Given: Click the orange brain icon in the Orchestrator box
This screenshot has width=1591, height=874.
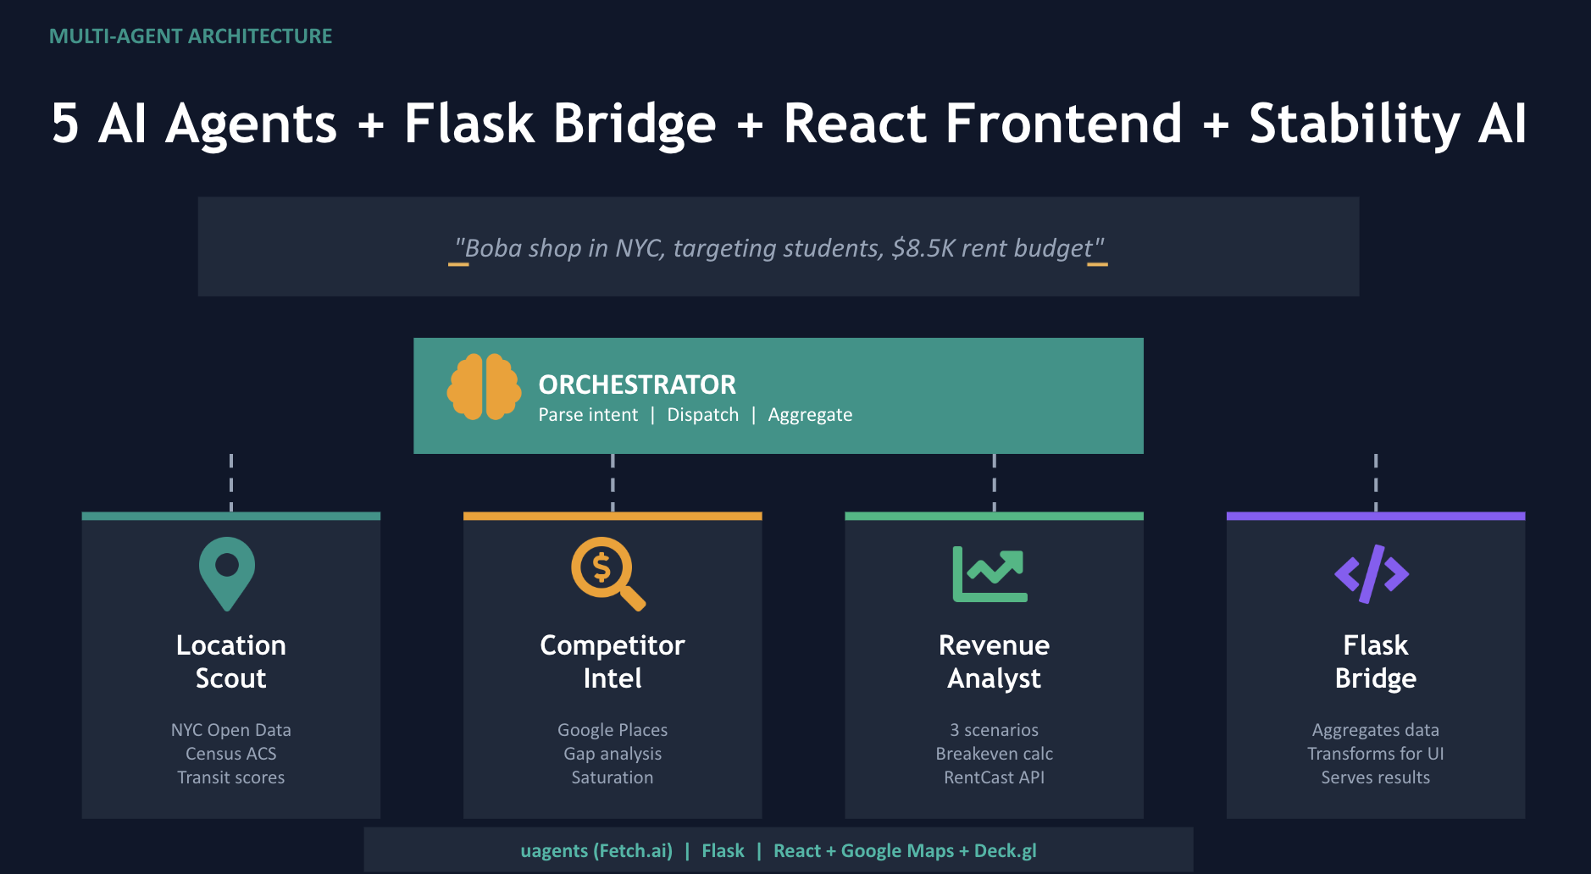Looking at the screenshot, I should [484, 388].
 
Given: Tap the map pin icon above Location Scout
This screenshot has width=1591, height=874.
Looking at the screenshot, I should [227, 573].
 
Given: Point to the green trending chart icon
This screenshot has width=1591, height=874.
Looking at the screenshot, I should [990, 574].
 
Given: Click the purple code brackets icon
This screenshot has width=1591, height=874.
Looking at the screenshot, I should [1372, 574].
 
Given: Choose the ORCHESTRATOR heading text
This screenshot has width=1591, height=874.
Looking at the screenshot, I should [637, 385].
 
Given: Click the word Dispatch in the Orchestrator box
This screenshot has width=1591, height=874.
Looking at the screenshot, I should [702, 415].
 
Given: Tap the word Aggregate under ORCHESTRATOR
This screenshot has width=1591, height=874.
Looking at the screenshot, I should [810, 415].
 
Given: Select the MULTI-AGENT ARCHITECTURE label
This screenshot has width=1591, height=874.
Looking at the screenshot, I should [191, 36].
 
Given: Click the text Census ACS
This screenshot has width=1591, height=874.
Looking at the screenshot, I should [230, 754].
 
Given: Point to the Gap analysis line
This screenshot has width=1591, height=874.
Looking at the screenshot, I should [613, 754].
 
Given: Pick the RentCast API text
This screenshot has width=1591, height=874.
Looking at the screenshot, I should [994, 777].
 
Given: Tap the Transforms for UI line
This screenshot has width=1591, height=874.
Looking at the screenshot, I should [1375, 754].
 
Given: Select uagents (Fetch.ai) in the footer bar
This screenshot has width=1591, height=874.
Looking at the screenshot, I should [596, 851].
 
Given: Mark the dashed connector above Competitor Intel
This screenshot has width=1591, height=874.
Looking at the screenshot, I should [613, 483].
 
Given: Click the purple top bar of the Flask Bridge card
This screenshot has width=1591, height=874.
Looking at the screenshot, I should [1375, 516].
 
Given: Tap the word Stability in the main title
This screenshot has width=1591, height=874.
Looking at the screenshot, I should [1355, 124].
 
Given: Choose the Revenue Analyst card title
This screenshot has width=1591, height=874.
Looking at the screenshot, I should [994, 661].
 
